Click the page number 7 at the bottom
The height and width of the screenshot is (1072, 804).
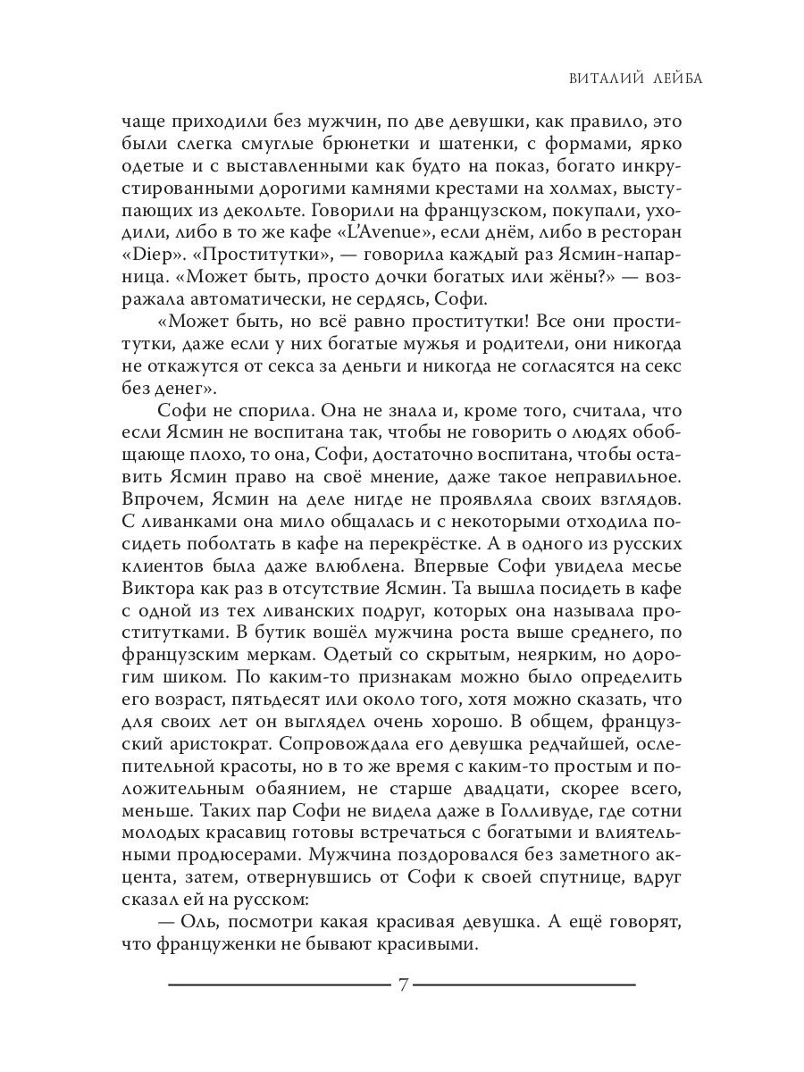pos(403,985)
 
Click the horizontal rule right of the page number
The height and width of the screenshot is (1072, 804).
pos(525,984)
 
